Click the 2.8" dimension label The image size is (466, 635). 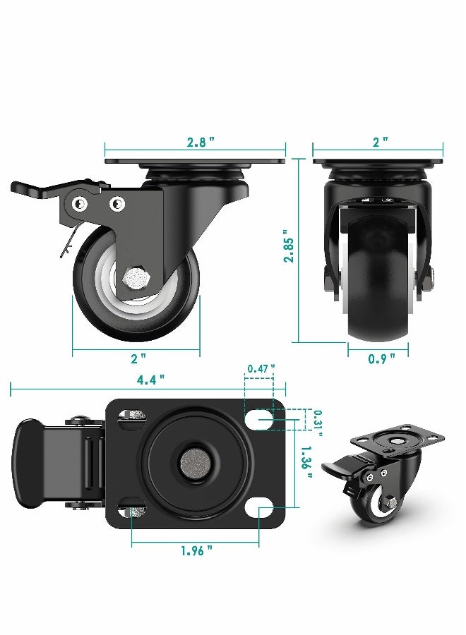(201, 142)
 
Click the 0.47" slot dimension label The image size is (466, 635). (260, 368)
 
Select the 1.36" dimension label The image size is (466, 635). (306, 466)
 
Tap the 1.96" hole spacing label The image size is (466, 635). (195, 551)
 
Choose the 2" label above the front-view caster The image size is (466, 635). (380, 142)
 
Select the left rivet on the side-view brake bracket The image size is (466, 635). (80, 205)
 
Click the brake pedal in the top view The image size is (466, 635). (32, 464)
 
